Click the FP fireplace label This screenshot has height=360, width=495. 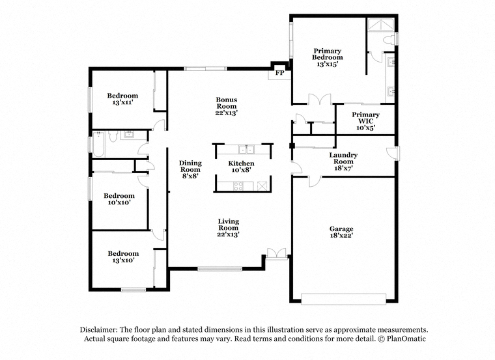(279, 73)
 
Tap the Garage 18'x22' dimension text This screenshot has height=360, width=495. (341, 236)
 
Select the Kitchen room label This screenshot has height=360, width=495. (241, 163)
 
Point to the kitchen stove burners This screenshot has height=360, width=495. (238, 186)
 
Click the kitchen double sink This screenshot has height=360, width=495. (246, 149)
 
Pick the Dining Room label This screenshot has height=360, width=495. (190, 166)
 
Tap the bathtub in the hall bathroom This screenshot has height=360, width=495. (98, 145)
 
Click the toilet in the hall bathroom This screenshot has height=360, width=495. (113, 136)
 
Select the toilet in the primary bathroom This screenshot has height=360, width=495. (389, 40)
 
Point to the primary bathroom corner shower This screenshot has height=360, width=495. (381, 25)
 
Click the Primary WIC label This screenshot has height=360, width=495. (365, 118)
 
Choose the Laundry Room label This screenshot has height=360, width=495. (343, 158)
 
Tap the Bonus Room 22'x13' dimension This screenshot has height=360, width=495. (227, 113)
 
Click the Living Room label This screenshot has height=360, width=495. (228, 225)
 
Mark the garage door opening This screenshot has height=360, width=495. (343, 299)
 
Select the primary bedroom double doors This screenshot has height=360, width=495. (320, 99)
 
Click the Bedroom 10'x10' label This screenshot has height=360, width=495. (119, 199)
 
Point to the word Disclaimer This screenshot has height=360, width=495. (98, 329)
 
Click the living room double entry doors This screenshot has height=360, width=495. (277, 253)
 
